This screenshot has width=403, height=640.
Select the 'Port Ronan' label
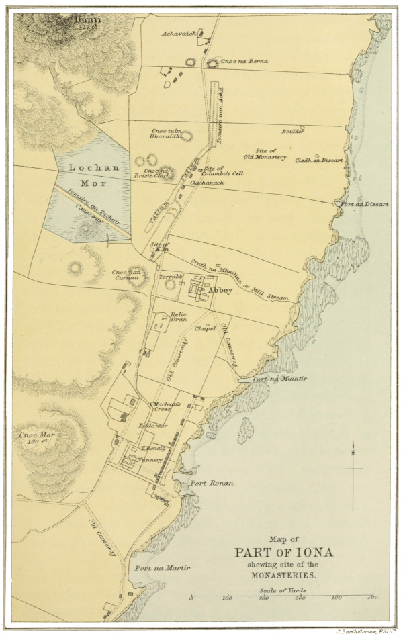(212, 483)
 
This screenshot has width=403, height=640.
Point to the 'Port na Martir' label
(163, 568)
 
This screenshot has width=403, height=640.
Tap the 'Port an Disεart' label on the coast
(365, 204)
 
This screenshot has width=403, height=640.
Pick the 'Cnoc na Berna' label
(246, 61)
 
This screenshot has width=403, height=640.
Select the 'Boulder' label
(293, 132)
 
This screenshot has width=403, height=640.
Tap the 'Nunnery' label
(151, 460)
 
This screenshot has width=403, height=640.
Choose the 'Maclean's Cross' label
(165, 406)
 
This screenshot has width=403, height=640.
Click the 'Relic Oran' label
(178, 317)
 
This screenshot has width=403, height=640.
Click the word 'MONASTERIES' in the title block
(282, 576)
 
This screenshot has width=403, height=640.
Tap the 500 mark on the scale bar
(371, 598)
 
